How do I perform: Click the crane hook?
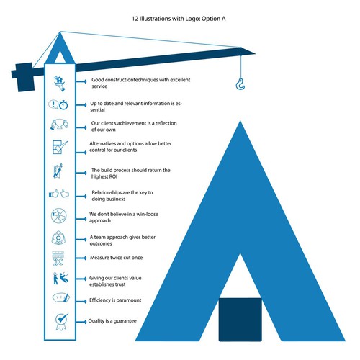click(x=240, y=86)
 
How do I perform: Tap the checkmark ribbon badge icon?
click(x=59, y=320)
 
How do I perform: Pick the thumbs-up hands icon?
click(x=59, y=194)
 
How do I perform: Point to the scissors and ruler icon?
click(x=59, y=257)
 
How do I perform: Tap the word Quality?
click(x=101, y=321)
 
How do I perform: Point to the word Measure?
click(x=102, y=257)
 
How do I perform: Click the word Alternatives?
click(x=105, y=145)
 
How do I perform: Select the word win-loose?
click(x=158, y=214)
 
